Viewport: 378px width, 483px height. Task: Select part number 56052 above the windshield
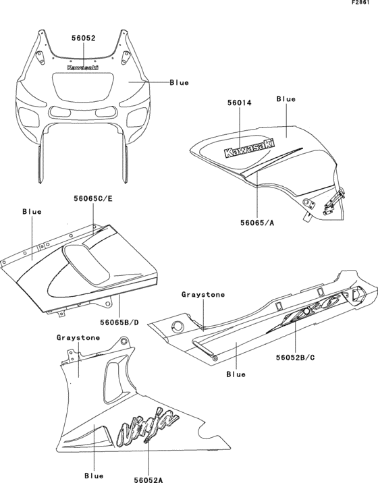click(x=84, y=39)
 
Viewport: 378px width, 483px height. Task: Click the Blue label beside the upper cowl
click(x=179, y=82)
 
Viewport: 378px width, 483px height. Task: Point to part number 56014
click(x=239, y=104)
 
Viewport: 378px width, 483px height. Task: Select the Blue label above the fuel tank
click(x=286, y=99)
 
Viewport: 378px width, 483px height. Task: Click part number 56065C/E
click(x=94, y=198)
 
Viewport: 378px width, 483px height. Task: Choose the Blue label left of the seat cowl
click(x=32, y=211)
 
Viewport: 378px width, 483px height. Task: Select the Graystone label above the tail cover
click(x=202, y=295)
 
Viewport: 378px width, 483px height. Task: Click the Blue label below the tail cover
click(x=236, y=374)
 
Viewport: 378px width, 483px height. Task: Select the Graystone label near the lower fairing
click(x=79, y=337)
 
